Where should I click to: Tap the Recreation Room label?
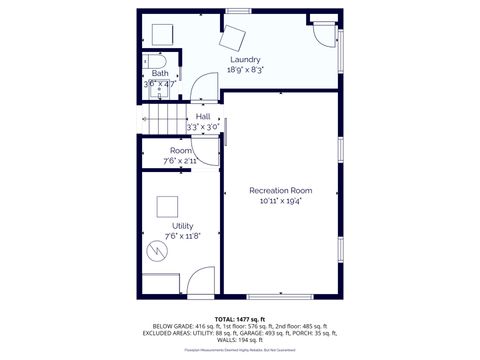(281, 190)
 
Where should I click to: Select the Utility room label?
(182, 226)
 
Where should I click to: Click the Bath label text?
(160, 74)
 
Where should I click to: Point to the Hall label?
(203, 116)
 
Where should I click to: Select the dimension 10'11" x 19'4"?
(281, 201)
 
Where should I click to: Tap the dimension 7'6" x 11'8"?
(182, 236)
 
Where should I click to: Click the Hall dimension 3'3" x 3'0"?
(203, 127)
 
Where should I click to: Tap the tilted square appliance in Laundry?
(235, 37)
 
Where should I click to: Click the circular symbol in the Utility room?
(155, 251)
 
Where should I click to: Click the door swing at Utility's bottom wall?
(200, 283)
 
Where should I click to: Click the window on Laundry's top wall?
(237, 11)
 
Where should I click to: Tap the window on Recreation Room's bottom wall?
(271, 297)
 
